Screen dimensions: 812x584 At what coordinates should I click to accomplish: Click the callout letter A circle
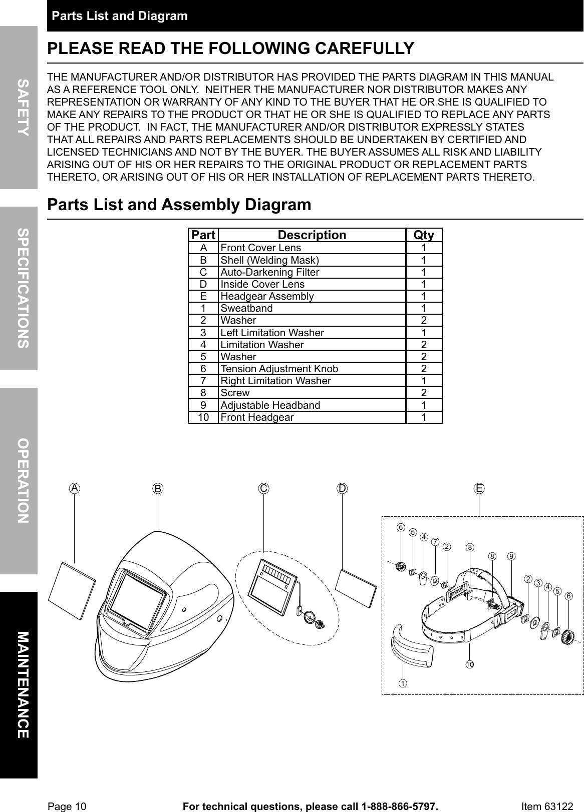coord(75,488)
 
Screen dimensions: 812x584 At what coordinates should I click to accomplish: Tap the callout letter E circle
coord(479,488)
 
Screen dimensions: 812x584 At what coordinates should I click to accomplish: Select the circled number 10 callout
coord(469,664)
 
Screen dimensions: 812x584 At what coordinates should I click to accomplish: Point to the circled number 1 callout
coord(402,682)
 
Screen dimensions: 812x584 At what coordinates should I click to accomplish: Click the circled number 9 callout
coord(511,556)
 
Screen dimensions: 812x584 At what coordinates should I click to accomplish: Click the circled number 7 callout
coord(435,542)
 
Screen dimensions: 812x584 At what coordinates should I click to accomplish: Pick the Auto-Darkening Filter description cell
coord(312,272)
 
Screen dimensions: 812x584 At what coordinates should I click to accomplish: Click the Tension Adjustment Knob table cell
coord(312,369)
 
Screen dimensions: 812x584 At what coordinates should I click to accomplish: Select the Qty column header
coord(424,235)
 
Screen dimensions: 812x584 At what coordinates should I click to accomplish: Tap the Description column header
coord(312,235)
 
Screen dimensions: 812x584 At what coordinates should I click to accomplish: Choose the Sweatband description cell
coord(312,308)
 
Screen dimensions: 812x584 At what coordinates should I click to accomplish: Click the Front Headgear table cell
coord(312,417)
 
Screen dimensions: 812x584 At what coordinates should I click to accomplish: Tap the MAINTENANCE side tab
coord(19,684)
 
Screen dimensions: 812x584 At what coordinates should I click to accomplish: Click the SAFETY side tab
coord(19,107)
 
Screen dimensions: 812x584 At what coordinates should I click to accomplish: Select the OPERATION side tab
coord(19,480)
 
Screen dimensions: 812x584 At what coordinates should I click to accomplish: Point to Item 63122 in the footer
coord(547,806)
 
